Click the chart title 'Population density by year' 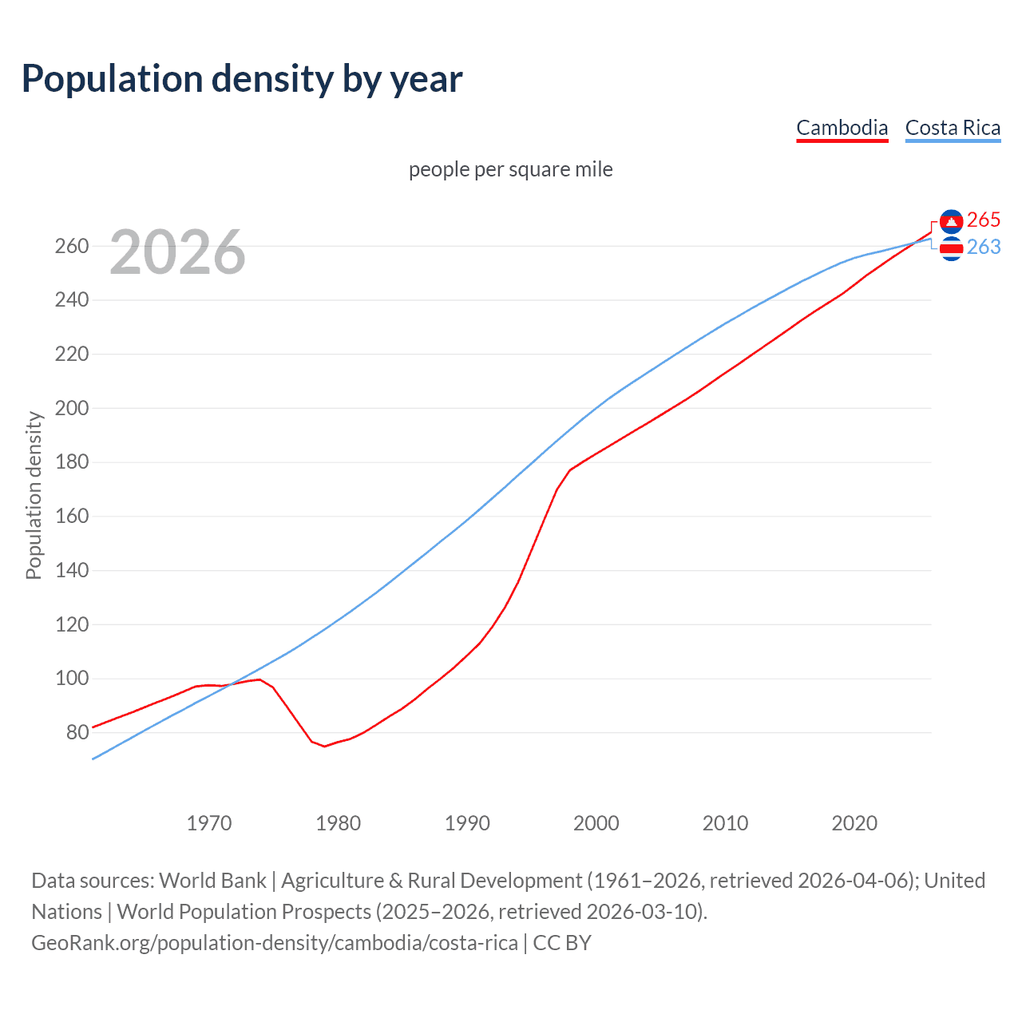pyautogui.click(x=242, y=79)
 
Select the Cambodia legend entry pyautogui.click(x=842, y=128)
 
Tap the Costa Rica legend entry pyautogui.click(x=953, y=128)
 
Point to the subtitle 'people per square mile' pyautogui.click(x=510, y=169)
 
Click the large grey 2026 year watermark pyautogui.click(x=177, y=252)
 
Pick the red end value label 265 pyautogui.click(x=983, y=220)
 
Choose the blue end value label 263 pyautogui.click(x=983, y=248)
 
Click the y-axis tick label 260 pyautogui.click(x=72, y=246)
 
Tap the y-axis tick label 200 pyautogui.click(x=72, y=408)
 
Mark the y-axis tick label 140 pyautogui.click(x=72, y=570)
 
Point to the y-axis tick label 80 pyautogui.click(x=77, y=732)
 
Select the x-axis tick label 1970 pyautogui.click(x=209, y=823)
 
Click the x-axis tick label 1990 pyautogui.click(x=467, y=823)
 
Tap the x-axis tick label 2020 pyautogui.click(x=854, y=823)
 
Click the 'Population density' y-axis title pyautogui.click(x=34, y=495)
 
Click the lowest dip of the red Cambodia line pyautogui.click(x=325, y=746)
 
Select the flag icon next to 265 pyautogui.click(x=951, y=221)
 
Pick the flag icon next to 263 pyautogui.click(x=951, y=250)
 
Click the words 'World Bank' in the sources pyautogui.click(x=212, y=880)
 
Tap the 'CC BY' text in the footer pyautogui.click(x=562, y=942)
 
